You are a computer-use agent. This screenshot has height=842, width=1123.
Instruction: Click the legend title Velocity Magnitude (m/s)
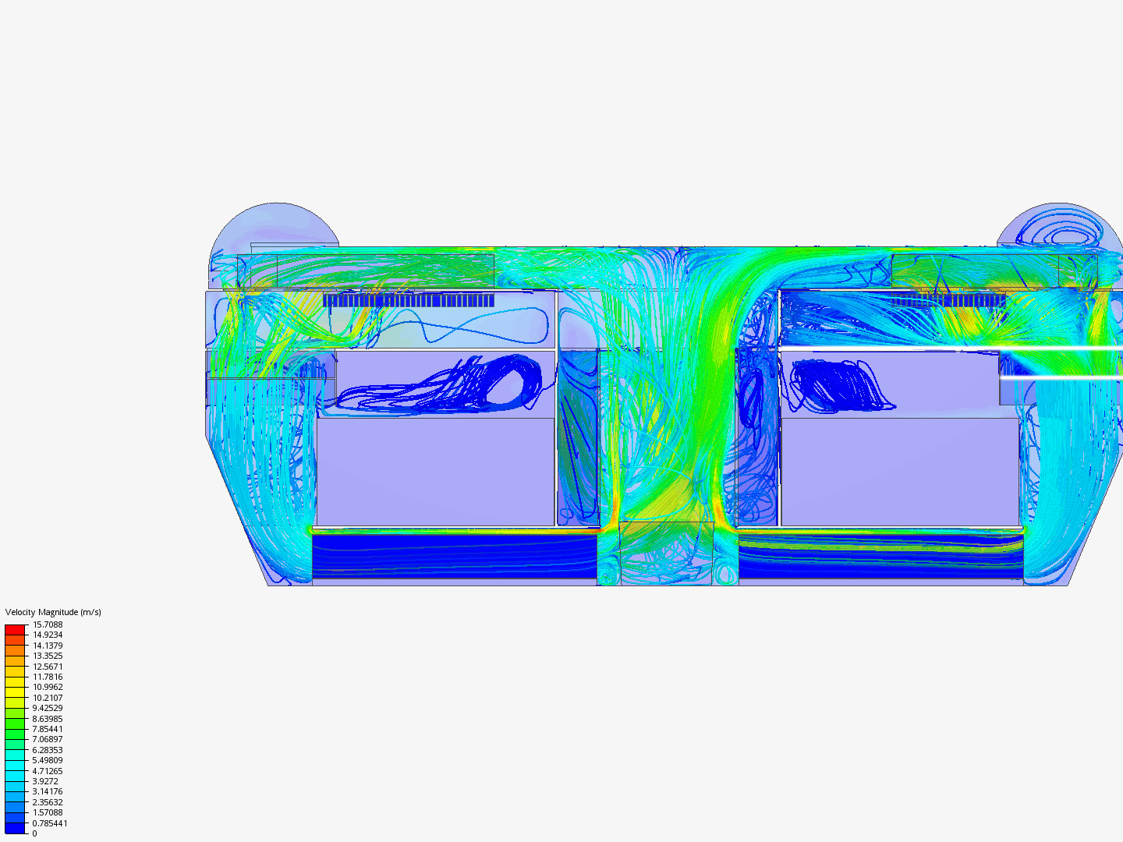[53, 612]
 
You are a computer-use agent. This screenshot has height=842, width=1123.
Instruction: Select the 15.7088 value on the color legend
[48, 624]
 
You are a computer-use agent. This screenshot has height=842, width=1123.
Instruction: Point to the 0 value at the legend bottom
[35, 833]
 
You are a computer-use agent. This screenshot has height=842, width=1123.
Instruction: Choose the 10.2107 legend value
[48, 697]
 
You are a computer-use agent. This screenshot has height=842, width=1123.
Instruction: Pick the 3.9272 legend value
[45, 781]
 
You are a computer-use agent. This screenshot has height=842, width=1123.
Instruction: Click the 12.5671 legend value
[48, 666]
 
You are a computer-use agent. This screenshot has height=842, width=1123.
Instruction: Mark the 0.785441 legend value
[50, 823]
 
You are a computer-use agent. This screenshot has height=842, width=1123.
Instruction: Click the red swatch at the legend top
[15, 629]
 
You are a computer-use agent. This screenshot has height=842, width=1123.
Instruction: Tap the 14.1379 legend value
[48, 646]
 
